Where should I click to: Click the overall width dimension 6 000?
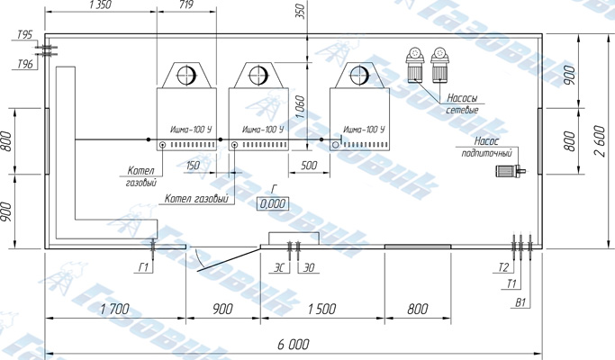294,345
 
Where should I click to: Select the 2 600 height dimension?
600,141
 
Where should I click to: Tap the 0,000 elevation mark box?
273,203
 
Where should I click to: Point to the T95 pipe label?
24,34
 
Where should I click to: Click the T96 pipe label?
25,64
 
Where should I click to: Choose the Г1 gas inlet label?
143,267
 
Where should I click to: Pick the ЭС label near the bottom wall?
279,267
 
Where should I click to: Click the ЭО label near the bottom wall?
309,267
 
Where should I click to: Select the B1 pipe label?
520,302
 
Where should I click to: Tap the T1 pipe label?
511,283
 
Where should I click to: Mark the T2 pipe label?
503,267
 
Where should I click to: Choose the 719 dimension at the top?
186,4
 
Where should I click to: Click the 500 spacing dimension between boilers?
309,165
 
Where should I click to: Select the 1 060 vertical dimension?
300,107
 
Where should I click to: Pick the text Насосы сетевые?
463,103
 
